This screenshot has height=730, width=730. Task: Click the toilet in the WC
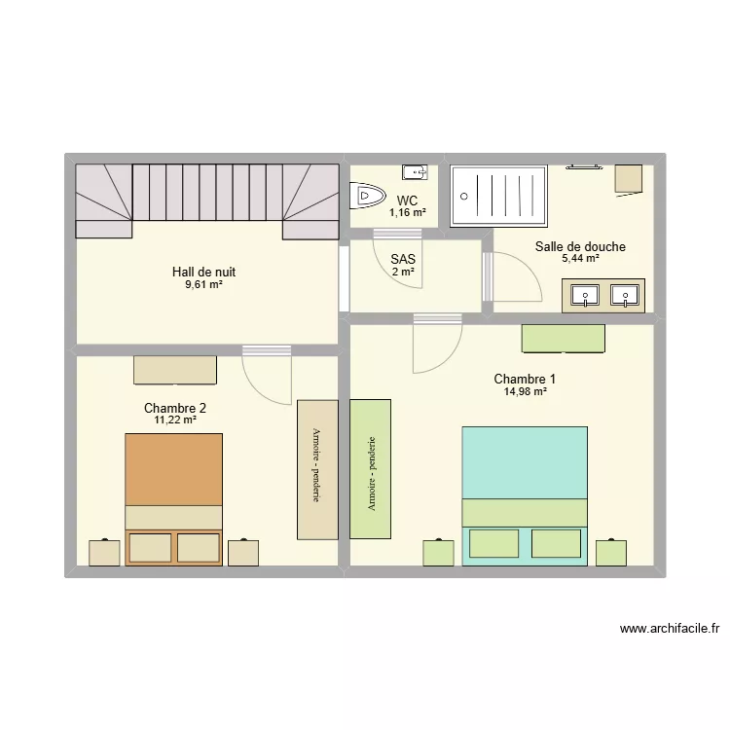367,196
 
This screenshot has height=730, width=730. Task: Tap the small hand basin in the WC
415,172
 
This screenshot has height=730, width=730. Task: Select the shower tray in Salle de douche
498,197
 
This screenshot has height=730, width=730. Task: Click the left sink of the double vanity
585,296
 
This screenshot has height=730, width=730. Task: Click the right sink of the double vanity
625,296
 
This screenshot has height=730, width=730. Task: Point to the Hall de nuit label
204,272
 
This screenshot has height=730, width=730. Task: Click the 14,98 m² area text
526,391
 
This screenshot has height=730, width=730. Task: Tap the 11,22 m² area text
175,420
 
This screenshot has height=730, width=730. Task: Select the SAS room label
403,259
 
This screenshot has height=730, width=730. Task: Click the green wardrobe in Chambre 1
370,469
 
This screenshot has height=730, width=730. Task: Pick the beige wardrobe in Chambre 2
317,470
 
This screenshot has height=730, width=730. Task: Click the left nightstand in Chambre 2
104,553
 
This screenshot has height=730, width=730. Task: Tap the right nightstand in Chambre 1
611,552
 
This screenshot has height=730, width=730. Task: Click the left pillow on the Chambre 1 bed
493,543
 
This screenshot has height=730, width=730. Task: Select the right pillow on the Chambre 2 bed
199,547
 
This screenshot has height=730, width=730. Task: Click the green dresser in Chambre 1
564,339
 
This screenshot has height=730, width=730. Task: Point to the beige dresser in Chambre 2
175,370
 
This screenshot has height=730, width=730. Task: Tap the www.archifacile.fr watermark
670,629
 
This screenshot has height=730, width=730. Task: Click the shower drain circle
463,197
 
